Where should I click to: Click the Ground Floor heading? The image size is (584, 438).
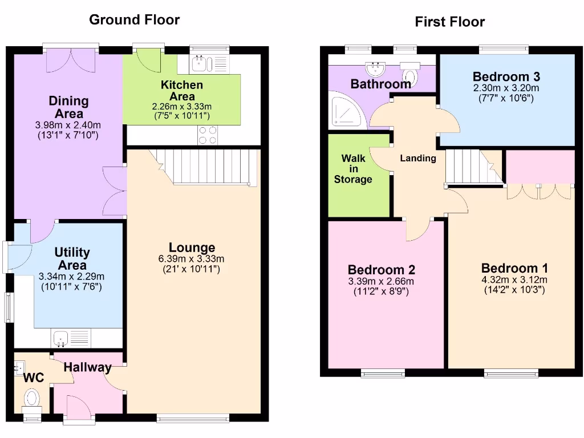point(135,20)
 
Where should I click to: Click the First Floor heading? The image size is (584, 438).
point(449,22)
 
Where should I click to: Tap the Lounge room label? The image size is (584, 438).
point(192,248)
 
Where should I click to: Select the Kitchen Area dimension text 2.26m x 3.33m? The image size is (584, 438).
point(181,106)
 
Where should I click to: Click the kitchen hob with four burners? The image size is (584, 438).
point(208,135)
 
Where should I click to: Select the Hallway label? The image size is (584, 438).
point(87,368)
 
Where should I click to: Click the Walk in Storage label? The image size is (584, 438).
point(353,169)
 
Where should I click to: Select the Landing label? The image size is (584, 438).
point(417,159)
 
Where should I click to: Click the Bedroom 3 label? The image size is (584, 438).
point(506,76)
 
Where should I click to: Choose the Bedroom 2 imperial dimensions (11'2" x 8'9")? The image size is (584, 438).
point(381,291)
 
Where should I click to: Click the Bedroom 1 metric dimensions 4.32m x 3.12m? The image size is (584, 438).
point(514,279)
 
